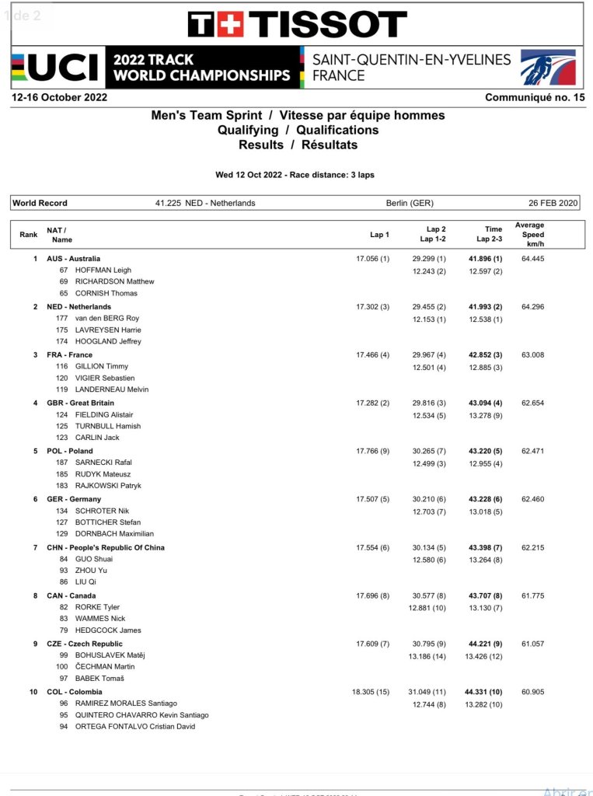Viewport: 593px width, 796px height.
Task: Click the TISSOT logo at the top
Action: point(297,24)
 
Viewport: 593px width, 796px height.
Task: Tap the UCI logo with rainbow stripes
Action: point(56,68)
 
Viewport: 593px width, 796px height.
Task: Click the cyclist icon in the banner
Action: point(547,68)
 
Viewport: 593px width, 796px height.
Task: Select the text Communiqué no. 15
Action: point(535,98)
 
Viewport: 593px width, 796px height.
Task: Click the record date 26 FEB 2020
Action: point(553,203)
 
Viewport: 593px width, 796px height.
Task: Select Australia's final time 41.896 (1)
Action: point(485,259)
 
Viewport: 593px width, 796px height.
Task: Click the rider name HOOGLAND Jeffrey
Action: point(108,341)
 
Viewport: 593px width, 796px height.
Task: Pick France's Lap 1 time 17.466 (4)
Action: point(372,355)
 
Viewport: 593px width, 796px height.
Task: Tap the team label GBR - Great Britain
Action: point(80,403)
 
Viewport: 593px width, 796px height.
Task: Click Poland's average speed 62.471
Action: point(533,451)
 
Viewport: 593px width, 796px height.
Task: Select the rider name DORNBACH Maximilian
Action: point(114,534)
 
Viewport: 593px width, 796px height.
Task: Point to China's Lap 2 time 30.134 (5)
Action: point(429,548)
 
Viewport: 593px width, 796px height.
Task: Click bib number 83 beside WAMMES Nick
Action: point(64,619)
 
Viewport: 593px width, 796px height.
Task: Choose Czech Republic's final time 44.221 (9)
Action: point(485,644)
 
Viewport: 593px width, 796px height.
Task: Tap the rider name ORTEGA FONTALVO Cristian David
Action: point(135,727)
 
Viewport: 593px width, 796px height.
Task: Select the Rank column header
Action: point(28,234)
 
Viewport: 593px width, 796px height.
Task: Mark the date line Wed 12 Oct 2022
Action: point(295,175)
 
